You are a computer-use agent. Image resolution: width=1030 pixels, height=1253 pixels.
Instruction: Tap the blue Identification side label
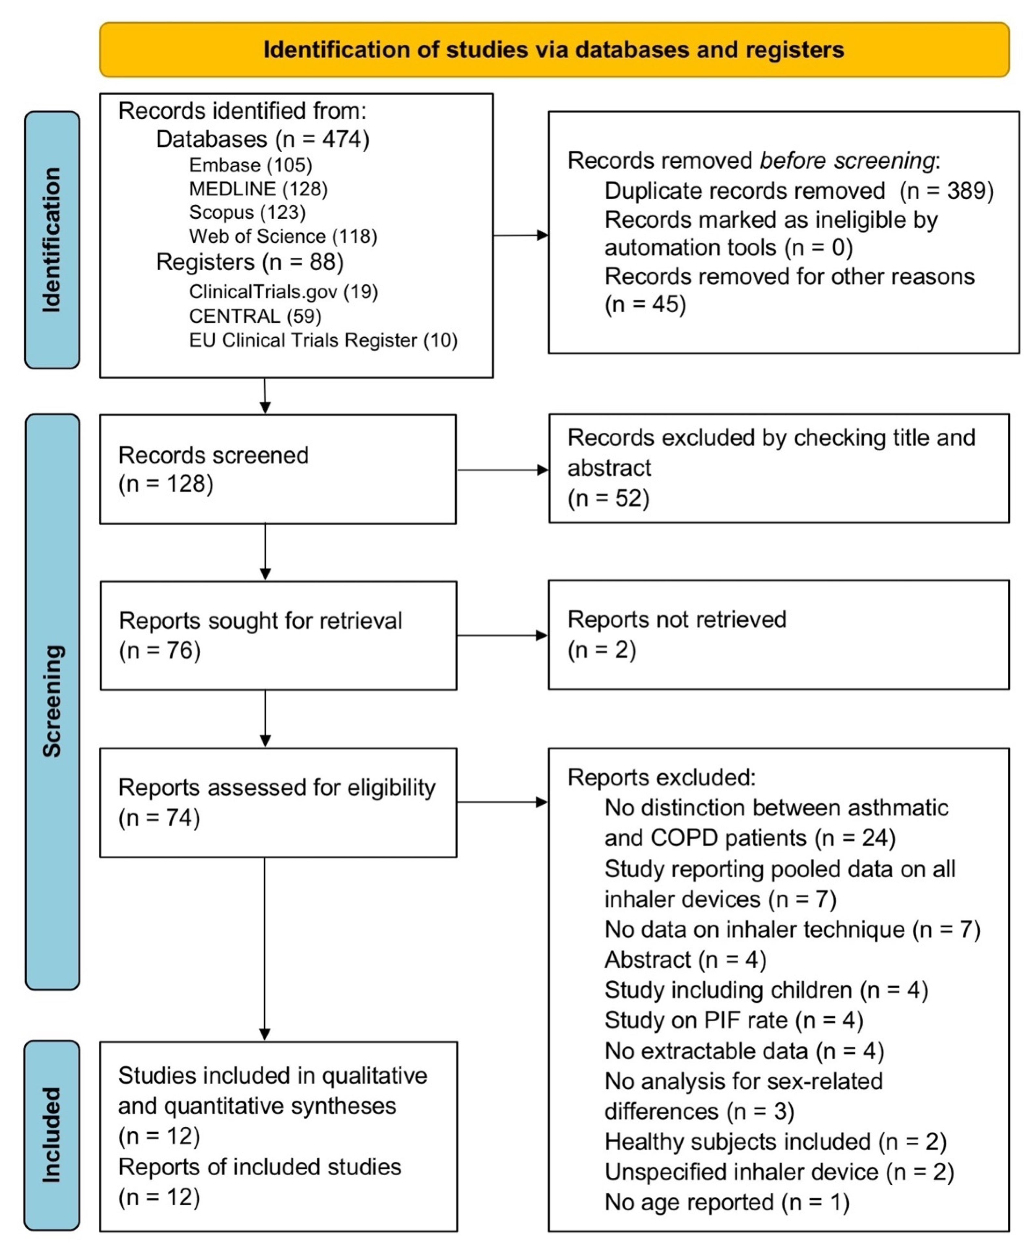tap(52, 239)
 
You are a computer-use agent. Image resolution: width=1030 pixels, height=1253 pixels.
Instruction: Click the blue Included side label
tap(52, 1134)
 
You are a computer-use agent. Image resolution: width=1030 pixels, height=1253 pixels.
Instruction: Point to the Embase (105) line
tap(250, 165)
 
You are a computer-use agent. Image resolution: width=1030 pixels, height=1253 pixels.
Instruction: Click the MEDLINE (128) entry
tap(258, 189)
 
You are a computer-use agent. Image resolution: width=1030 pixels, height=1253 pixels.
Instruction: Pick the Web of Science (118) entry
tap(283, 236)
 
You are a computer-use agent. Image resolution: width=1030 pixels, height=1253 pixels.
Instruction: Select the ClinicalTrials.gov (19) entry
tap(283, 292)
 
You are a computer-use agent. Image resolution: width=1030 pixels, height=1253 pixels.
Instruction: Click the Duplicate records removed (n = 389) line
tap(799, 191)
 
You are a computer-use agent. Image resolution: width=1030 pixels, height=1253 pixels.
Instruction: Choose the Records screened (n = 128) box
tap(278, 469)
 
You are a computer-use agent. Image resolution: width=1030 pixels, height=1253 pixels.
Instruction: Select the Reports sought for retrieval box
tap(278, 635)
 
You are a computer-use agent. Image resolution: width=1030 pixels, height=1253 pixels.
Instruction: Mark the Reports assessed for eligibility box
tap(278, 802)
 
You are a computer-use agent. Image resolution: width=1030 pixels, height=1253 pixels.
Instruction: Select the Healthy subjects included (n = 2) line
tap(775, 1141)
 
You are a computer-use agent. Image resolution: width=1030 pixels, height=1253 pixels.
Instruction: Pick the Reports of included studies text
tap(259, 1167)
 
